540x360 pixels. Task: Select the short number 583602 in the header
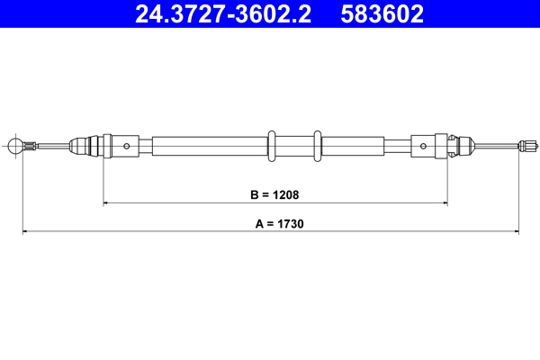[x=382, y=13]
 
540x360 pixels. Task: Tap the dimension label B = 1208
[x=275, y=193]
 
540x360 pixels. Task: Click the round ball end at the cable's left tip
[x=14, y=144]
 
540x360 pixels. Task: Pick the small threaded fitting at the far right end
[x=528, y=144]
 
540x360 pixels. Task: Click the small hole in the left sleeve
[x=128, y=144]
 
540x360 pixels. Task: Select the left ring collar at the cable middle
[x=271, y=144]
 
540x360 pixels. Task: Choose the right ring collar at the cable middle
[x=317, y=144]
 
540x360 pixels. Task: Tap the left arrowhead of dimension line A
[x=25, y=232]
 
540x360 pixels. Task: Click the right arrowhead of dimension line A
[x=517, y=232]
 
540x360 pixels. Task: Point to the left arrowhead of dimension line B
[x=107, y=203]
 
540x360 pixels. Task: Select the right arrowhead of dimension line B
[x=445, y=203]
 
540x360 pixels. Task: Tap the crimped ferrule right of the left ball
[x=31, y=144]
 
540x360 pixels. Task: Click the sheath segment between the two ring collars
[x=294, y=144]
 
